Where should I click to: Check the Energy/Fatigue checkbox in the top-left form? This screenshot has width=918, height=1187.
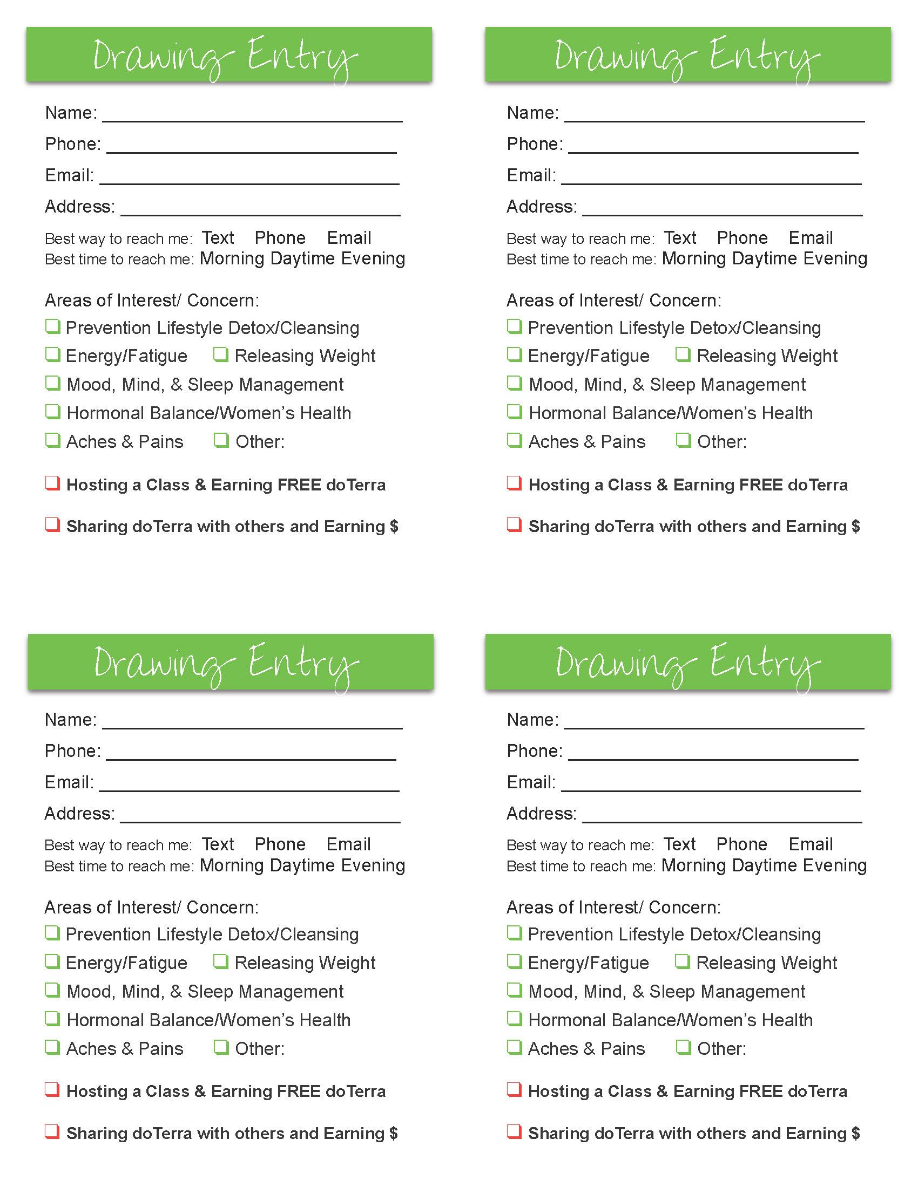pos(52,355)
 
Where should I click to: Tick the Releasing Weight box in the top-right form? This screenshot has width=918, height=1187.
pos(683,355)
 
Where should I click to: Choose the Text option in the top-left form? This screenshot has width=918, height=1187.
pos(218,238)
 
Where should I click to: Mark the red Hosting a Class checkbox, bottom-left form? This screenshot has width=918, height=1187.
pos(52,1090)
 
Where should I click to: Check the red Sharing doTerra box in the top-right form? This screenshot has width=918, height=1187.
pos(514,525)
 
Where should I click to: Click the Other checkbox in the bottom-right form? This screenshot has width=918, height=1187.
pos(683,1047)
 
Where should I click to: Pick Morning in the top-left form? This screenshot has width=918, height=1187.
pos(232,258)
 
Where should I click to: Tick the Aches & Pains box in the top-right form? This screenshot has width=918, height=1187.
pos(514,440)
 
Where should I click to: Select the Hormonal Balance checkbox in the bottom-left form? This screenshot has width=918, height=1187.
pos(52,1019)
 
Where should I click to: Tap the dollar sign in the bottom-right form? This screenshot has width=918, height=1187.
pos(855,1133)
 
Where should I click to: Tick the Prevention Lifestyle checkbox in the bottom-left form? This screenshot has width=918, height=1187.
pos(52,933)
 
